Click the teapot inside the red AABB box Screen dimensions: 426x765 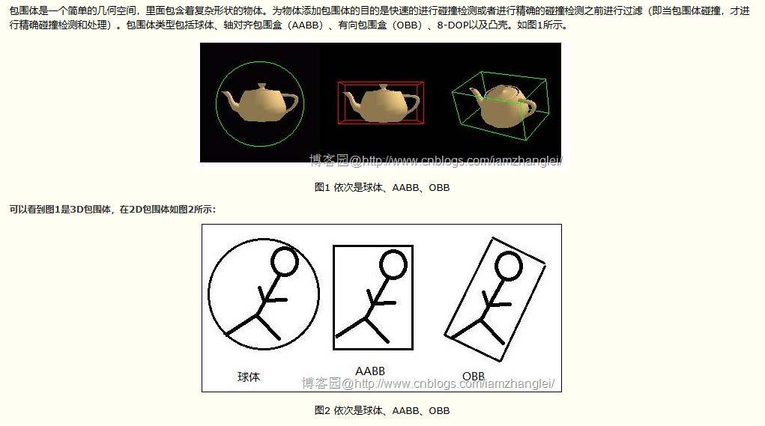(x=380, y=103)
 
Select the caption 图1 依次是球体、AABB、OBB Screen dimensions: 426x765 (x=381, y=187)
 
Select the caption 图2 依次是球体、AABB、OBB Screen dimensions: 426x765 (x=381, y=410)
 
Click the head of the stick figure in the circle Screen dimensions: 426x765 (x=285, y=261)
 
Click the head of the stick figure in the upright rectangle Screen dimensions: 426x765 (x=393, y=264)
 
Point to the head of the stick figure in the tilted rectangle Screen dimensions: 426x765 (x=510, y=267)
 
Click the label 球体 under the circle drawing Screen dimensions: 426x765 (x=249, y=377)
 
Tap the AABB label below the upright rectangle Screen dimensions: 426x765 (x=370, y=371)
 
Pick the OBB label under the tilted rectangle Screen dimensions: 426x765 (x=473, y=376)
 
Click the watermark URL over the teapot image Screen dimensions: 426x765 (x=436, y=160)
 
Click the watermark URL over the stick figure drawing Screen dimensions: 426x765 (x=428, y=383)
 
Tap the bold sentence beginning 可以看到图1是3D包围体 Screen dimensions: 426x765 (x=112, y=209)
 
